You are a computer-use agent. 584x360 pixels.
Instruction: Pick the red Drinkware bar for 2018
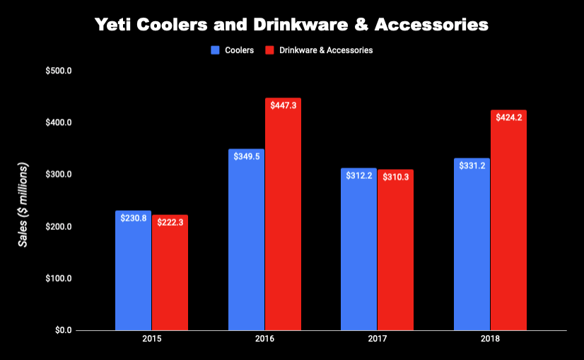[508, 220]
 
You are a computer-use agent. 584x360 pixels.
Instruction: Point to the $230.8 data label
[133, 218]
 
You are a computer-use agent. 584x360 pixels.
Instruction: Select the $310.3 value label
[395, 175]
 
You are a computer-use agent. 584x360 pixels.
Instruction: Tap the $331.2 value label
[472, 166]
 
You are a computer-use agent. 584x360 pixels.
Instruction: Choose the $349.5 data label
[246, 156]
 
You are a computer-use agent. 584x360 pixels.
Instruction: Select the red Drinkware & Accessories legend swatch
[269, 50]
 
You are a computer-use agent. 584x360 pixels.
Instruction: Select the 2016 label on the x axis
[264, 339]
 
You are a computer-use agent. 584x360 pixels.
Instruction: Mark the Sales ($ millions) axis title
[23, 205]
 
